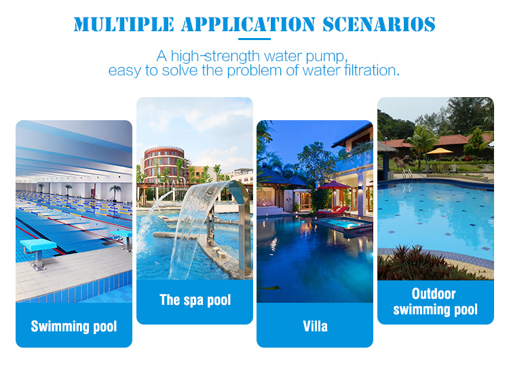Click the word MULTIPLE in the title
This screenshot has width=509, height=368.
click(x=124, y=24)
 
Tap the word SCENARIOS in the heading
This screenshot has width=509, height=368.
click(x=379, y=24)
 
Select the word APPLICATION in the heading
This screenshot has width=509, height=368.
click(x=248, y=24)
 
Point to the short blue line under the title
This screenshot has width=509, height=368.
click(x=254, y=39)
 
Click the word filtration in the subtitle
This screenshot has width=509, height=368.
click(x=372, y=70)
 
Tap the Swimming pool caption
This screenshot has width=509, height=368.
click(x=74, y=327)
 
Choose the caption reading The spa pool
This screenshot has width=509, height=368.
click(x=195, y=300)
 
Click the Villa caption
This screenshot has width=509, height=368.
click(x=315, y=326)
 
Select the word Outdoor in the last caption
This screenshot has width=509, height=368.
click(x=434, y=293)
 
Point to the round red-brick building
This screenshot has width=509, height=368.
click(x=164, y=164)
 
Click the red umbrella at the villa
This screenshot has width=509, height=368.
click(x=335, y=186)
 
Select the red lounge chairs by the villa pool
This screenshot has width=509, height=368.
click(x=334, y=210)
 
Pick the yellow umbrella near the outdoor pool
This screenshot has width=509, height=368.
click(x=439, y=151)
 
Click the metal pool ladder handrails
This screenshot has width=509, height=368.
click(x=407, y=174)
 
